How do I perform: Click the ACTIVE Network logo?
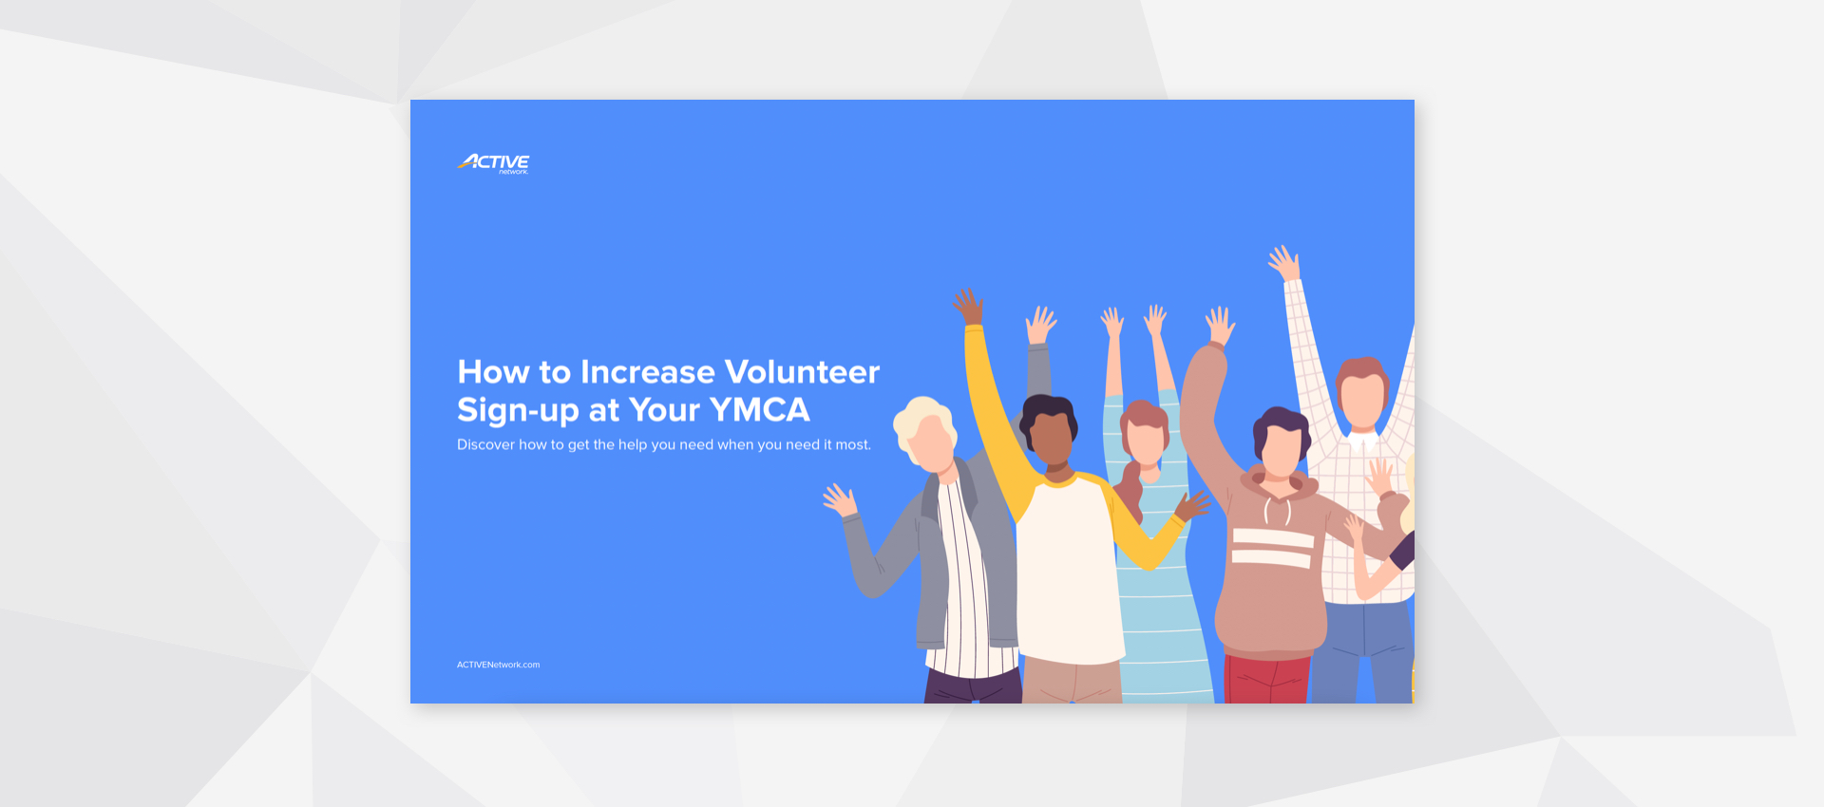493,163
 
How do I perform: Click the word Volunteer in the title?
802,371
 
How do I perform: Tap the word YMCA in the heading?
759,410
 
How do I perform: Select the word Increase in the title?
647,371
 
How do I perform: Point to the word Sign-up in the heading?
518,411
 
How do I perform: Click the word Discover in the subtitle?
485,444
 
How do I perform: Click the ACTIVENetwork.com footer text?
498,665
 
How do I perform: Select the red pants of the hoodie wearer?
1266,680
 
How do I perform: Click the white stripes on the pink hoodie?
1272,548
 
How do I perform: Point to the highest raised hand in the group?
1283,261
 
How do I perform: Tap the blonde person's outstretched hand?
840,499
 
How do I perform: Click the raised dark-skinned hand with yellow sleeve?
969,306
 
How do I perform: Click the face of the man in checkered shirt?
1363,400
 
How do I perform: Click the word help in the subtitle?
632,444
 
